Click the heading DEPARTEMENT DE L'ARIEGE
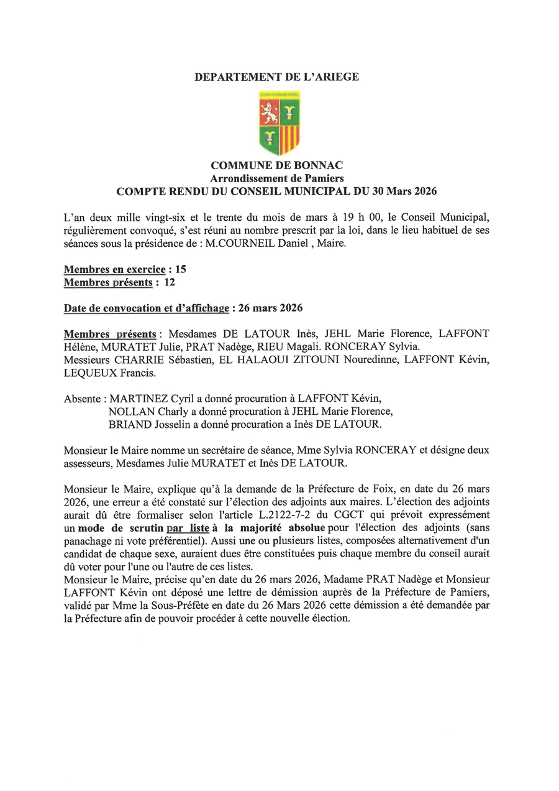276,77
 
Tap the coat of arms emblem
279,123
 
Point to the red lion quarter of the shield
269,111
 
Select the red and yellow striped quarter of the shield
289,138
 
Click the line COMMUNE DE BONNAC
276,165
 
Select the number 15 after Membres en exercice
181,270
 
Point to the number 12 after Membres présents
169,283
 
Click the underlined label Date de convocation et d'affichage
147,308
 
